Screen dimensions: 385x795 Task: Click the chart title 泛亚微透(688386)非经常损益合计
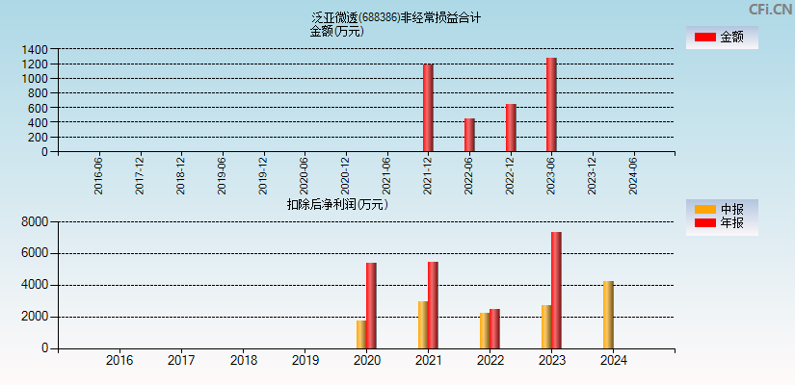[396, 17]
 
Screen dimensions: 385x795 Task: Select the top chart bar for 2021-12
[428, 108]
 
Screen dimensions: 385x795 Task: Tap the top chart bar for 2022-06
[469, 135]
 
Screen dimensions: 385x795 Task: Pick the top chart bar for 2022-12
[511, 127]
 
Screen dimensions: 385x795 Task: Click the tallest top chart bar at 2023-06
[551, 104]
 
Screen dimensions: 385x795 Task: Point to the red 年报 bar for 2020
[371, 305]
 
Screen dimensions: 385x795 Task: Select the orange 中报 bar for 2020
[361, 334]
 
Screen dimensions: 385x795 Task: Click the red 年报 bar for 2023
[556, 290]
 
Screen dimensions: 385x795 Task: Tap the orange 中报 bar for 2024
[608, 315]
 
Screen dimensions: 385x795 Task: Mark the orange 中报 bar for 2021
[423, 324]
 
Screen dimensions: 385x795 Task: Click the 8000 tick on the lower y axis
[34, 222]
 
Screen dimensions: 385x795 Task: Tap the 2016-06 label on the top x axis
[99, 176]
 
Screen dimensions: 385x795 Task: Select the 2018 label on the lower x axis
[244, 360]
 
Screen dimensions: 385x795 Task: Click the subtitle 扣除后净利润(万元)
[337, 204]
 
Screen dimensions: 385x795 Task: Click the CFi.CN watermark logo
[769, 9]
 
